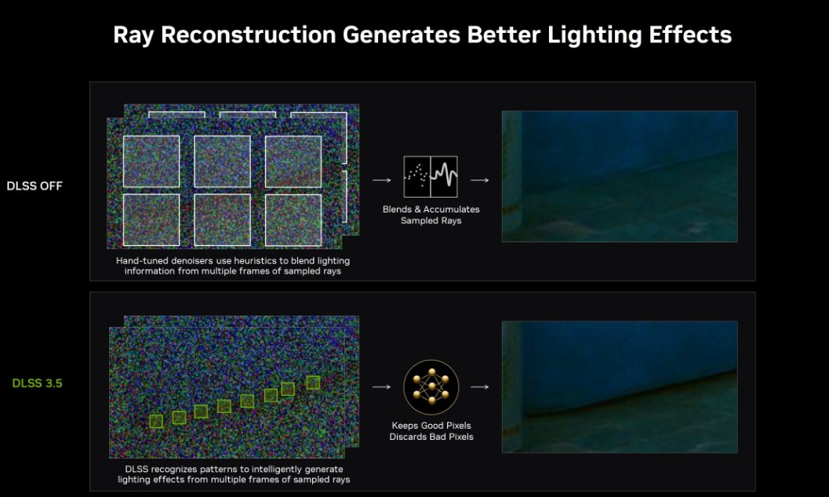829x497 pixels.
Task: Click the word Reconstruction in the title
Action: click(x=249, y=34)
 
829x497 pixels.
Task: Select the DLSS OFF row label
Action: click(x=35, y=186)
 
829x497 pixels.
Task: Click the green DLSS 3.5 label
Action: click(x=37, y=383)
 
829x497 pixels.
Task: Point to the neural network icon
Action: click(x=431, y=387)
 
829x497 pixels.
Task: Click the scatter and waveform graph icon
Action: click(x=431, y=176)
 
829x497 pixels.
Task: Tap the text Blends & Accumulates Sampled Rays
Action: click(x=431, y=215)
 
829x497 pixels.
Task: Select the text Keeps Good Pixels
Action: click(x=431, y=426)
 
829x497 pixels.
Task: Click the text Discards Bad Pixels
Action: click(x=431, y=437)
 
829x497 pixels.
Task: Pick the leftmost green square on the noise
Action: click(x=156, y=421)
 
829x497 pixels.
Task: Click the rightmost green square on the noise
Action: click(x=313, y=383)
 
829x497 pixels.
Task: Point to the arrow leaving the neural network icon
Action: click(x=479, y=387)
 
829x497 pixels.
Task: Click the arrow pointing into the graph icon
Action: click(x=382, y=180)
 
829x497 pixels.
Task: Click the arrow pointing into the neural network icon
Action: click(x=382, y=387)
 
